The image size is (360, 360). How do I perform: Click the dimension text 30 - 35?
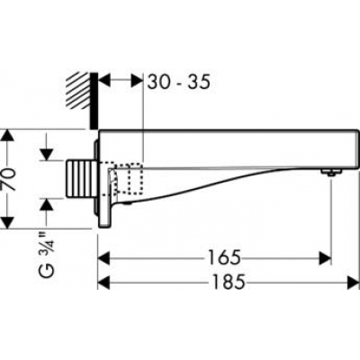178,82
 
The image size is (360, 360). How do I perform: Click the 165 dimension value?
225,257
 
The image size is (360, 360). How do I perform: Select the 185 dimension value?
229,282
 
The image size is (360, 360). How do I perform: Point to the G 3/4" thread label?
47,255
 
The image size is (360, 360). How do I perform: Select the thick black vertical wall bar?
94,101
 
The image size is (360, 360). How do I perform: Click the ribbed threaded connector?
80,179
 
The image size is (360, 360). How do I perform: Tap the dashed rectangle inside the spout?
135,178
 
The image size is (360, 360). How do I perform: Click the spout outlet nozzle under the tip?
330,173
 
